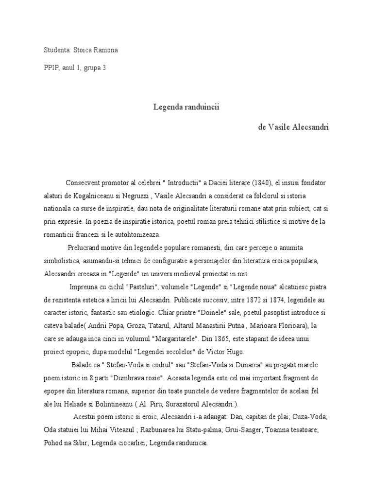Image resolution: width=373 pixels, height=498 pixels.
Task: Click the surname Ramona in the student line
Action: (x=105, y=50)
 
